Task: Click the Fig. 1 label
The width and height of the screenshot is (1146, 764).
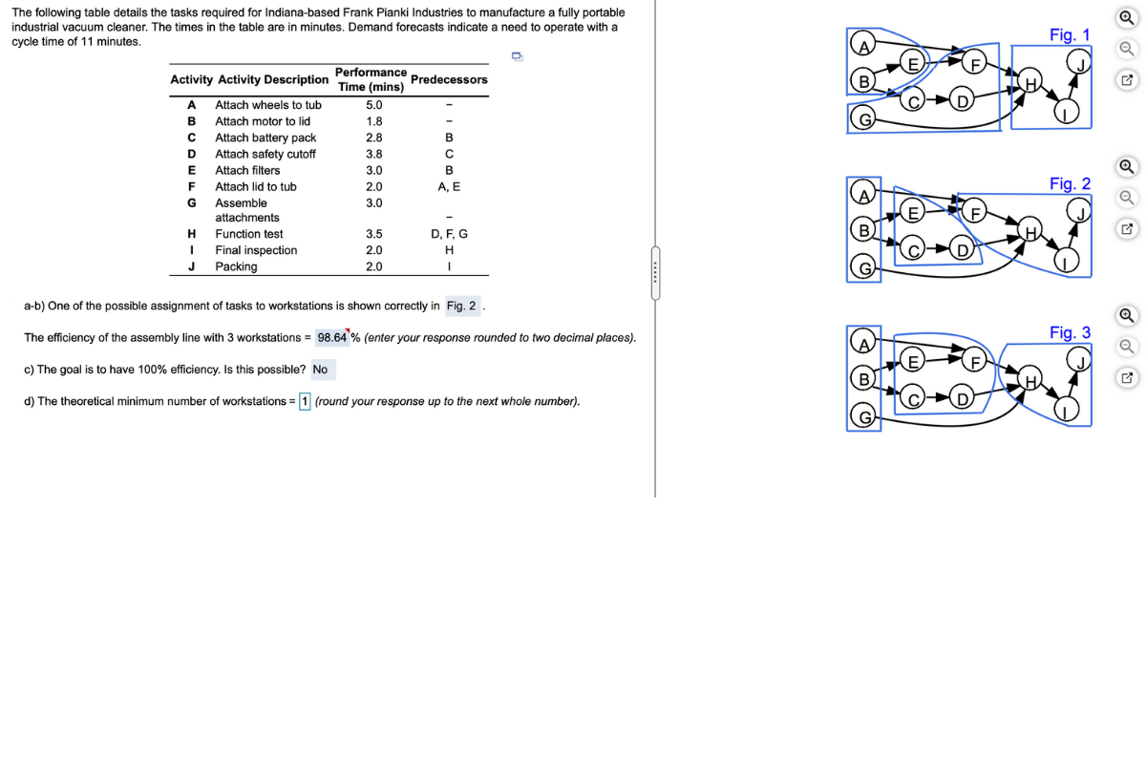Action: click(1069, 34)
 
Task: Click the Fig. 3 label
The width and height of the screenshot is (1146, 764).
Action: click(1069, 332)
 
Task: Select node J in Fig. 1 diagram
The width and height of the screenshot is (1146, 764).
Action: click(1081, 65)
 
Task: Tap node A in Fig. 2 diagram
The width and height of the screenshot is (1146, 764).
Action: click(863, 196)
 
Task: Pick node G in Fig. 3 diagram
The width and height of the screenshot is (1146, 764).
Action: click(863, 417)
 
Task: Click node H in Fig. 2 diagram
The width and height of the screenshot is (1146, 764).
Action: click(1030, 232)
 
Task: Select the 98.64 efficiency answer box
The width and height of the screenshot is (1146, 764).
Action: click(331, 337)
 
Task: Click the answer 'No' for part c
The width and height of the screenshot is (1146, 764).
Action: click(320, 370)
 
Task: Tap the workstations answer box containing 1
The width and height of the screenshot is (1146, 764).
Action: click(305, 401)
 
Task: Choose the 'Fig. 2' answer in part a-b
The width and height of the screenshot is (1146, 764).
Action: click(463, 306)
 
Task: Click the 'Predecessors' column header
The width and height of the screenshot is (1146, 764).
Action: click(448, 79)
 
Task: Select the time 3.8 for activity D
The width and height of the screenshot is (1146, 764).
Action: click(374, 154)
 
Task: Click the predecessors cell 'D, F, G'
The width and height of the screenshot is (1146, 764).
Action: click(449, 233)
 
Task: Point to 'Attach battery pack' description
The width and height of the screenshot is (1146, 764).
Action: click(265, 138)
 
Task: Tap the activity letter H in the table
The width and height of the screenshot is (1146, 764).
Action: click(191, 233)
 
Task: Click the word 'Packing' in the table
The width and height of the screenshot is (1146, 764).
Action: click(236, 266)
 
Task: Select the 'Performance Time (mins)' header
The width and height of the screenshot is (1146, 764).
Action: click(371, 79)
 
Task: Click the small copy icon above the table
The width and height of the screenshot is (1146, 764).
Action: click(517, 56)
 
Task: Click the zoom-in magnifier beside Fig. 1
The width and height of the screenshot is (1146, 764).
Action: click(1127, 16)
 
